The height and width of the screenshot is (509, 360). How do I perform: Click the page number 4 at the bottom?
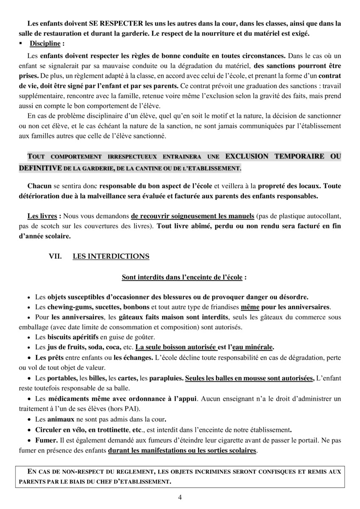point(180,498)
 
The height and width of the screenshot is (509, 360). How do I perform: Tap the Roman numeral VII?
point(56,256)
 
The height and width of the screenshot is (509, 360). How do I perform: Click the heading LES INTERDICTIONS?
point(111,256)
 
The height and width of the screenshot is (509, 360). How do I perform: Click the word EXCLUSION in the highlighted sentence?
point(247,156)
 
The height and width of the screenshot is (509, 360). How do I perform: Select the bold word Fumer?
point(45,439)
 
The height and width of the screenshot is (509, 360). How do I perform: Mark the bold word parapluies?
point(166,378)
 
